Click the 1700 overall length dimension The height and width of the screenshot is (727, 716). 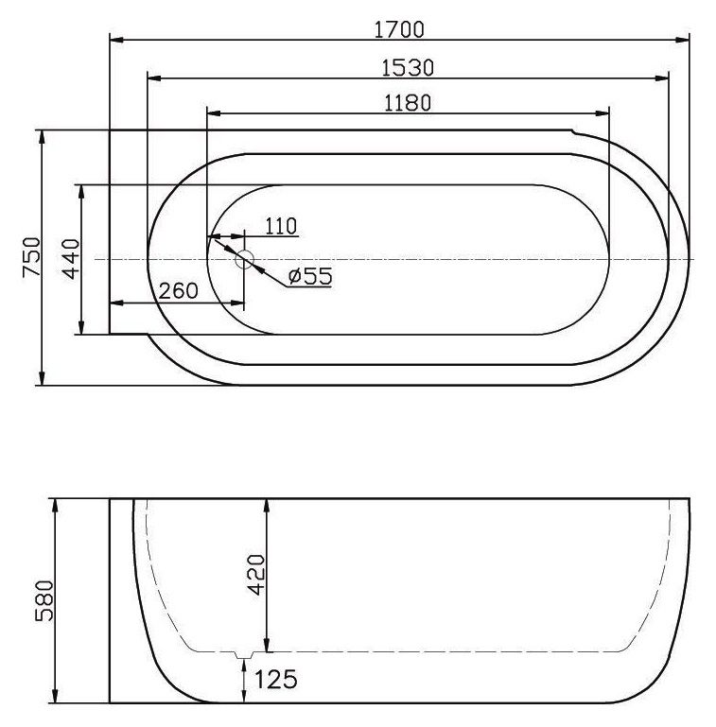point(399,30)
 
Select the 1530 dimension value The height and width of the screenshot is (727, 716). point(408,68)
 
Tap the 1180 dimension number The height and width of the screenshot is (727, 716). point(408,103)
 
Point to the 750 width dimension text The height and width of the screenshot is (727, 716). point(31,257)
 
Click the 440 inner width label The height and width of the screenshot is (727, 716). point(72,259)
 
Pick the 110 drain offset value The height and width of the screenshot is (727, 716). point(281,226)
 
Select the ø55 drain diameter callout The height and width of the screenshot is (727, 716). point(310,276)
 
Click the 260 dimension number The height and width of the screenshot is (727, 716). point(179,291)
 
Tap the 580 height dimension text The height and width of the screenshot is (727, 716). point(45,600)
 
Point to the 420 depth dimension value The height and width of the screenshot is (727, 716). point(256,575)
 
